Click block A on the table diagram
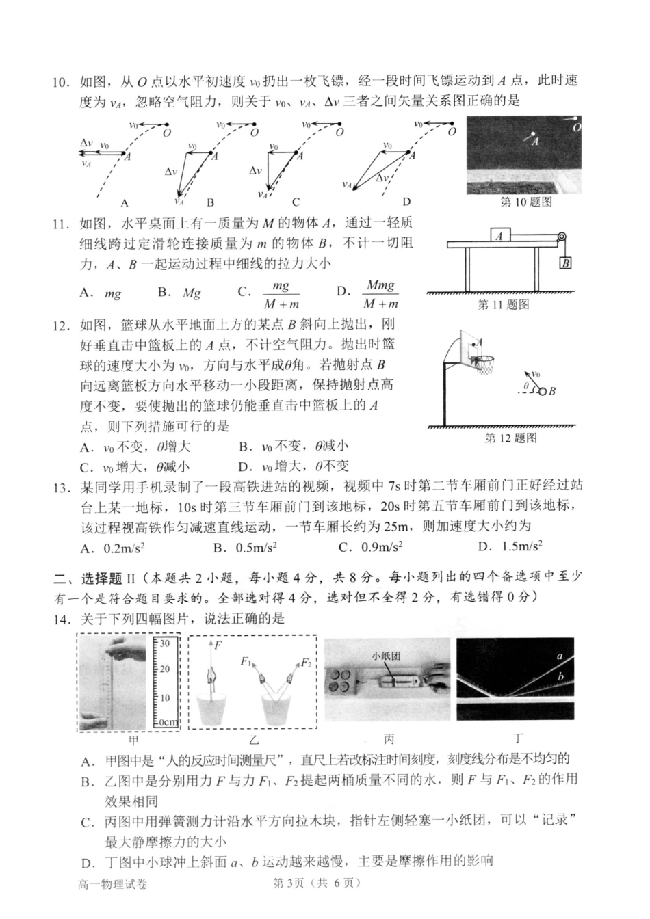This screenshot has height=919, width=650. pos(499,235)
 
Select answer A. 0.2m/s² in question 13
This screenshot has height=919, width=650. pos(113,547)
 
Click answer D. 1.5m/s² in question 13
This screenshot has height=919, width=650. pos(510,546)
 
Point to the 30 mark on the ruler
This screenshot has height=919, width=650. pos(164,643)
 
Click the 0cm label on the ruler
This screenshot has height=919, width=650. pos(168,723)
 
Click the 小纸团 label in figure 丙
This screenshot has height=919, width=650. pos(387,656)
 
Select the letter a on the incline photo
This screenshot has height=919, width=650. pos(560,656)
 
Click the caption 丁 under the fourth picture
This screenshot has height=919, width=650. pos(518,739)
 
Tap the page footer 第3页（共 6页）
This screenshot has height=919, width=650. pos(316,883)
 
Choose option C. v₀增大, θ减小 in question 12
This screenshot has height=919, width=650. pos(135,467)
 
